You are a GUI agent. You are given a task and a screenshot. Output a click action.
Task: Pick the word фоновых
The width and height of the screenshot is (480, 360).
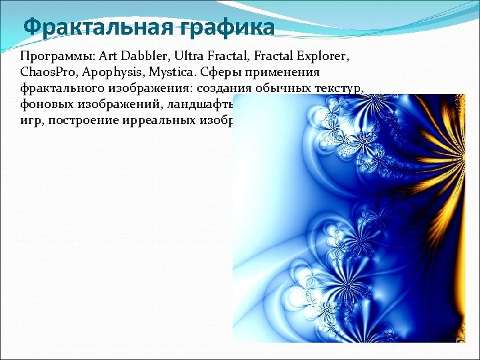tap(47, 105)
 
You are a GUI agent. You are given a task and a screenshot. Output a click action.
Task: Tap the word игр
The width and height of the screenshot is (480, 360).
tap(30, 121)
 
